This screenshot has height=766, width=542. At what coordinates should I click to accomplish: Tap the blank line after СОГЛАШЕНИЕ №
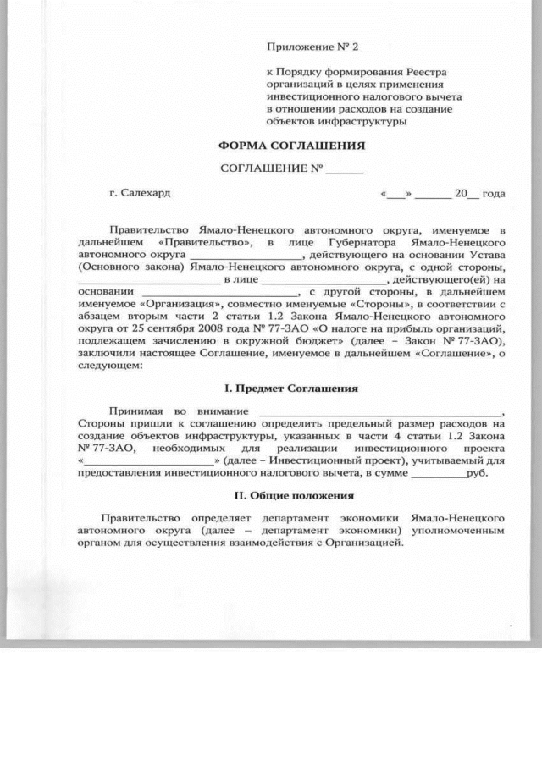tap(344, 169)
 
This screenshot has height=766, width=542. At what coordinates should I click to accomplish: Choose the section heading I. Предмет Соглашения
tap(290, 389)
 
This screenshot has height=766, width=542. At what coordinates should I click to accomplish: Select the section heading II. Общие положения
tap(294, 494)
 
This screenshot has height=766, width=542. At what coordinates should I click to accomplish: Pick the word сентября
tap(175, 327)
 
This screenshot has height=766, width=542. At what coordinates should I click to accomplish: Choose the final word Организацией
tap(360, 542)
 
